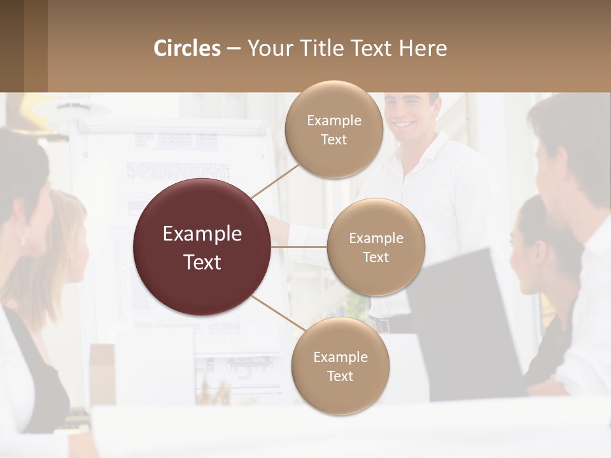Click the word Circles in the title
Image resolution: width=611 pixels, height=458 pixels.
(187, 48)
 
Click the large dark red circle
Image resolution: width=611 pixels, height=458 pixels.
(202, 247)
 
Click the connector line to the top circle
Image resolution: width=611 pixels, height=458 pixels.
(275, 180)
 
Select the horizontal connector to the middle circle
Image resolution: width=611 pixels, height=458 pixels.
(299, 247)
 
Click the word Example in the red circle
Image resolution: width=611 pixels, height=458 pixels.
(202, 234)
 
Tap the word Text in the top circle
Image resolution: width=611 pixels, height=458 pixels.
(334, 140)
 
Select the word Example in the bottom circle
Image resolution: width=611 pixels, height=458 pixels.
(340, 357)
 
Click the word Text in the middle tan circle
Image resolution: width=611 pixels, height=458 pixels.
(376, 258)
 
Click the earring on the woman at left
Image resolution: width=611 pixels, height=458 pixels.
(24, 240)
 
